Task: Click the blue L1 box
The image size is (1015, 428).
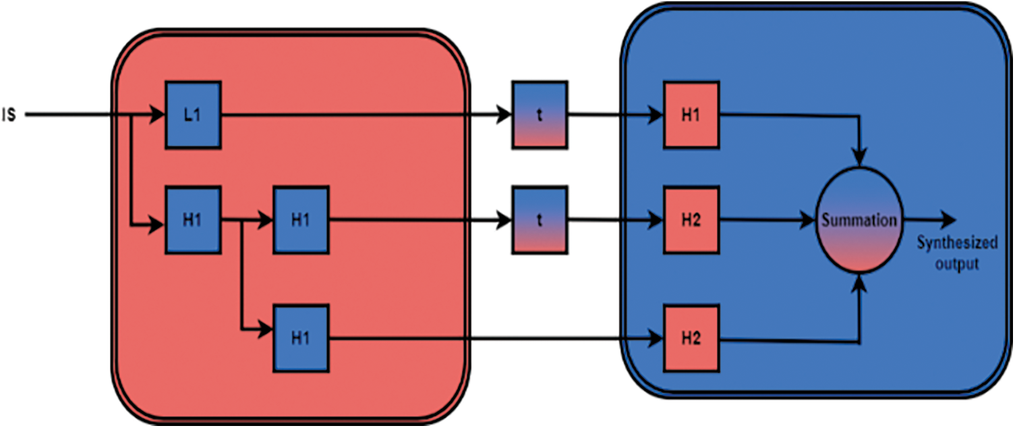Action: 193,115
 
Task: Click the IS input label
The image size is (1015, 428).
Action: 10,115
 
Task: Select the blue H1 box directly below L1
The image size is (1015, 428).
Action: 193,221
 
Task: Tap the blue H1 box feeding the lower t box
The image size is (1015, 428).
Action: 300,221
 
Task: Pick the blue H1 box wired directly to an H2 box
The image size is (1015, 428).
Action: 300,338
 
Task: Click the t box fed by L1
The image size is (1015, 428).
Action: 540,115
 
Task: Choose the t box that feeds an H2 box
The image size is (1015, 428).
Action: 540,221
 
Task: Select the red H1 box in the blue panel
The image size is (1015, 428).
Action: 691,115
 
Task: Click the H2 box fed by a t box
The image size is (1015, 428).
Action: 691,221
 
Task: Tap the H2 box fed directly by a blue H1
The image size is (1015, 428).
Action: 691,338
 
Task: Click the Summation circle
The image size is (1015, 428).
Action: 859,221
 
